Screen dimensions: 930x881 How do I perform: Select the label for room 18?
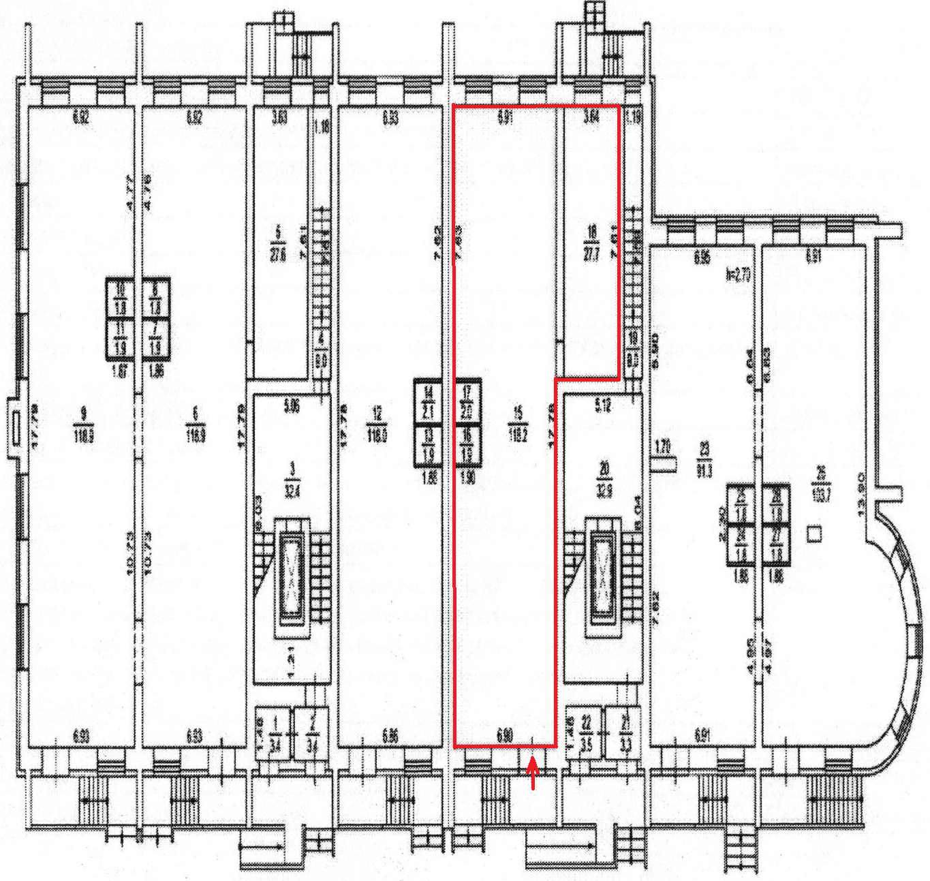click(591, 243)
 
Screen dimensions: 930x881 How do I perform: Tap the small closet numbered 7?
click(155, 339)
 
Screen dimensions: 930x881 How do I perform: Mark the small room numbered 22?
click(586, 732)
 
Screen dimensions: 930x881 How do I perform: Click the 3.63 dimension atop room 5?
click(279, 117)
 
